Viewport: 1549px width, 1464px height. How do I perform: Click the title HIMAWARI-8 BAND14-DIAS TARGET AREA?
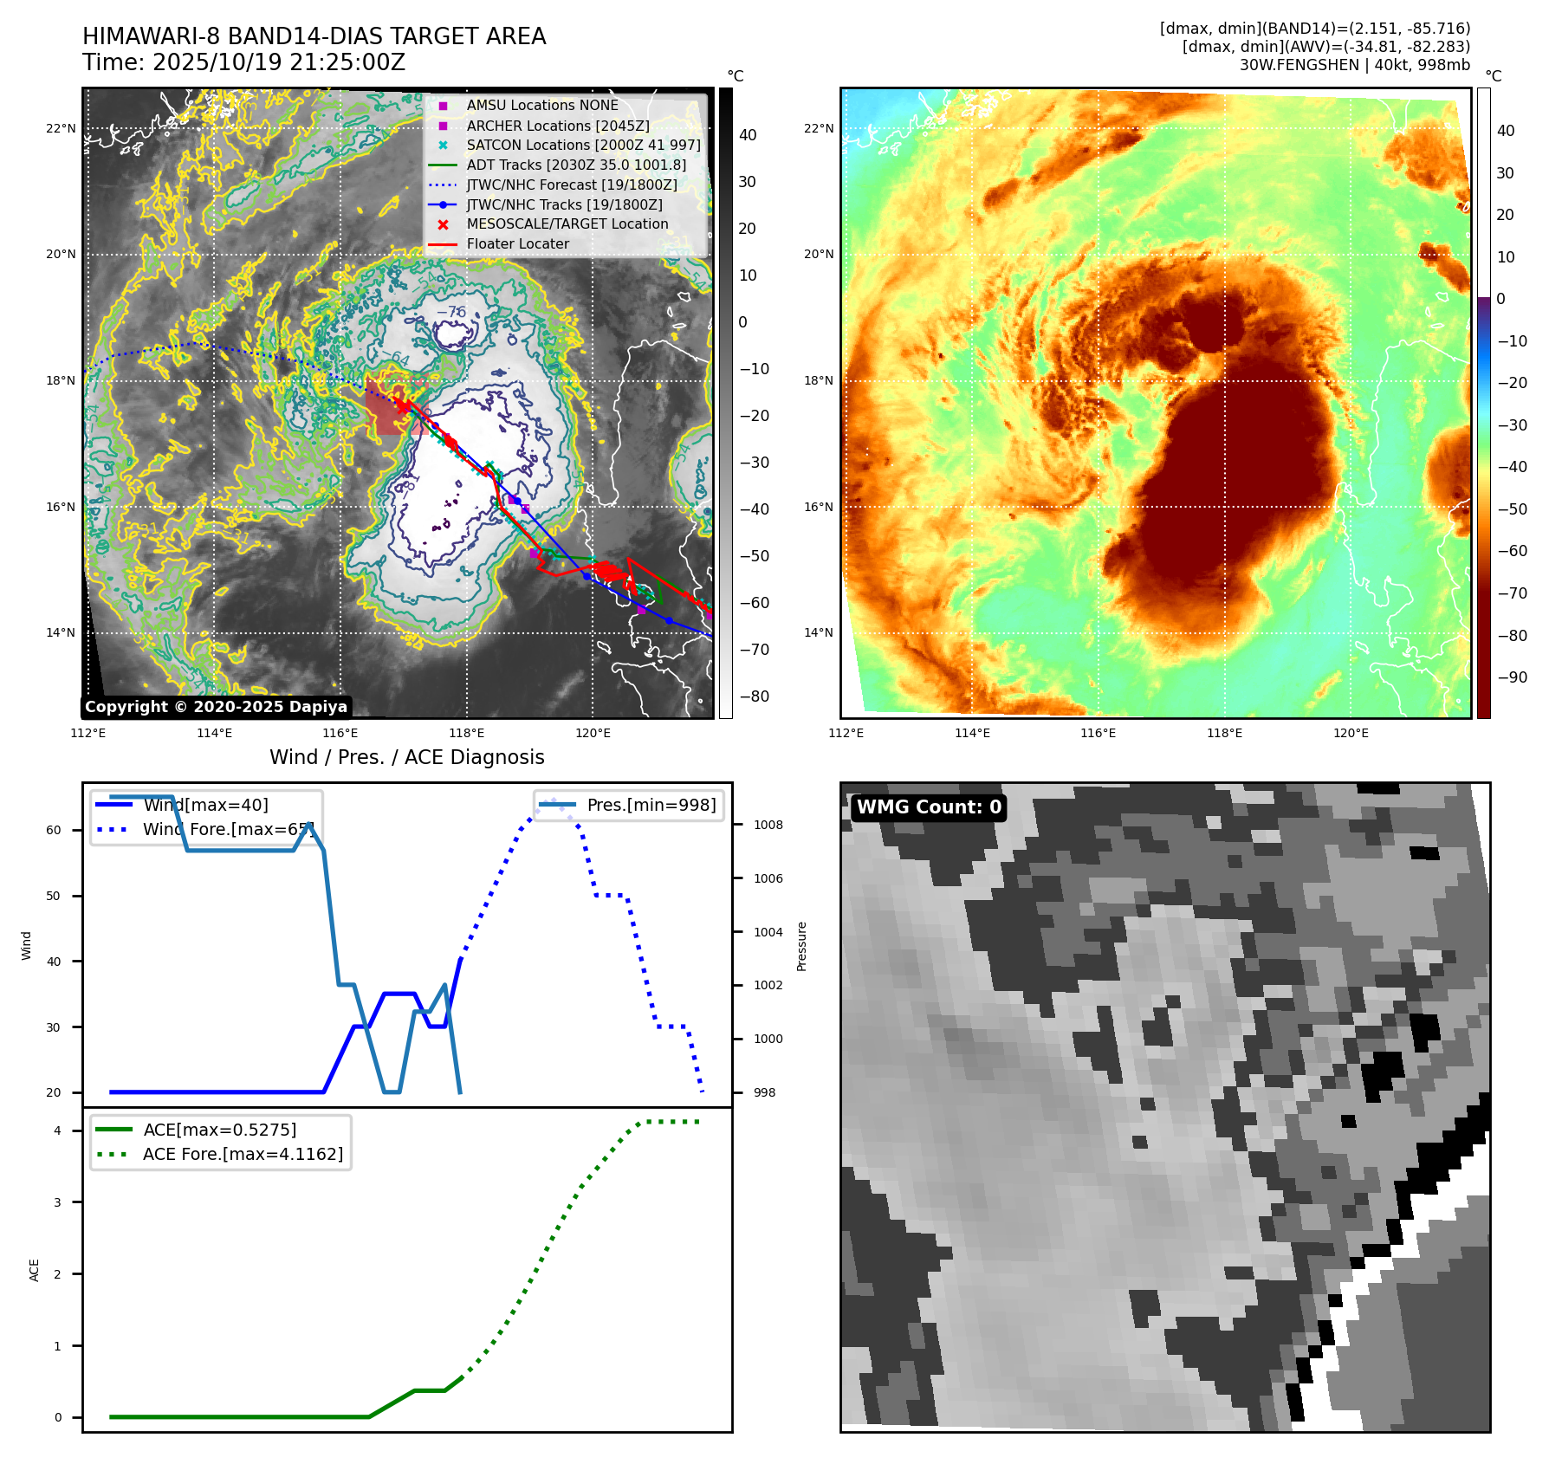click(314, 36)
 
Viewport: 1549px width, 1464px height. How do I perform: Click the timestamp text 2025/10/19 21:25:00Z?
click(279, 62)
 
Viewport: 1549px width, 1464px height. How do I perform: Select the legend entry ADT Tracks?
click(575, 165)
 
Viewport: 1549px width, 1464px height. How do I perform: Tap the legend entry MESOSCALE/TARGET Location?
click(567, 223)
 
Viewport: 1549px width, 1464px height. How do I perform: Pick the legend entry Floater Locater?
click(517, 243)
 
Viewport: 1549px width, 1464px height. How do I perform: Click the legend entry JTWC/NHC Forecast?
click(571, 185)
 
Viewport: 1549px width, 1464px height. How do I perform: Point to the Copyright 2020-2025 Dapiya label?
click(216, 707)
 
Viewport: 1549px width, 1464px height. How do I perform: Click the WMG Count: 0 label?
click(929, 806)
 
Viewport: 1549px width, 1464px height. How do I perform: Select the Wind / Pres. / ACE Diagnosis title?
click(406, 757)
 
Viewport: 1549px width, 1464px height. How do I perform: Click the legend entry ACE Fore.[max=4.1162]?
click(243, 1154)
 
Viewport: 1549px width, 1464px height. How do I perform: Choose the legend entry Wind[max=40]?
click(205, 805)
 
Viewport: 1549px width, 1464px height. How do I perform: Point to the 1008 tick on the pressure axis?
click(768, 825)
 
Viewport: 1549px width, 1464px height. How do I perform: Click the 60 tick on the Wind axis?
click(54, 830)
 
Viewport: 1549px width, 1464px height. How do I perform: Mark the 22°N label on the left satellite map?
click(61, 128)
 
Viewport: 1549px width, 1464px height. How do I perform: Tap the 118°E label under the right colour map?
click(1224, 733)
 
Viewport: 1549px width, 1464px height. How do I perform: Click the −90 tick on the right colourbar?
click(1512, 677)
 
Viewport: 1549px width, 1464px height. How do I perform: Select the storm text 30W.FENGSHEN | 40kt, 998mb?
click(1354, 65)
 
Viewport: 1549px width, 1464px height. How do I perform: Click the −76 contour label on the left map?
click(451, 312)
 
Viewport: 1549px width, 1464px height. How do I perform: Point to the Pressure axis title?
click(801, 946)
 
